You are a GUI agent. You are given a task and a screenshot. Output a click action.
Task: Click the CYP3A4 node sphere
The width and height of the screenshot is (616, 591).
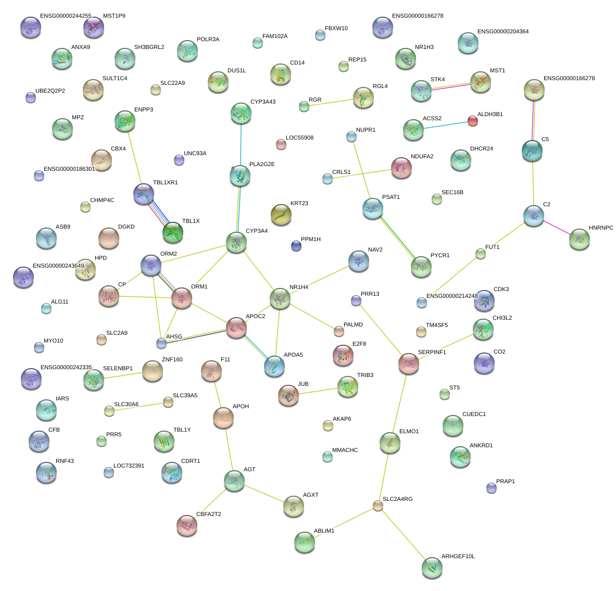[236, 242]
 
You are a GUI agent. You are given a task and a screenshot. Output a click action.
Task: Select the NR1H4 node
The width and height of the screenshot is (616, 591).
[280, 298]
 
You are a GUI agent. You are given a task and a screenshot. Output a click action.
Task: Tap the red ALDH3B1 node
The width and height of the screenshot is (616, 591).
[472, 121]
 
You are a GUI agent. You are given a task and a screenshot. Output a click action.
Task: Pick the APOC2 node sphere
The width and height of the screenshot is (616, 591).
[236, 327]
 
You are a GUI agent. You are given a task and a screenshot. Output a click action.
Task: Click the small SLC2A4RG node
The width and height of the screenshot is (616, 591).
[378, 506]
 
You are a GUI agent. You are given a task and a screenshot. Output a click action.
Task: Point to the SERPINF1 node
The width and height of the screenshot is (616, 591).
[409, 363]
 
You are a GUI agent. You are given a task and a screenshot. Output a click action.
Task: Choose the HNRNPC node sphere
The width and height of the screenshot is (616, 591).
[579, 239]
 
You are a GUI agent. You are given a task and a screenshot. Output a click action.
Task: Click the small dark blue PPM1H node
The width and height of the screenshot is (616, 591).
[296, 246]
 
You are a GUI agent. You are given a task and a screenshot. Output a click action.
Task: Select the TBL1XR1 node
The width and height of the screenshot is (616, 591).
[144, 194]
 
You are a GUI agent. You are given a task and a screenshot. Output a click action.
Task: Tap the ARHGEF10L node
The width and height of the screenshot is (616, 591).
[432, 568]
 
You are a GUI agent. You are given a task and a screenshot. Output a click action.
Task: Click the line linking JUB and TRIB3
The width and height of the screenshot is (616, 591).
[318, 392]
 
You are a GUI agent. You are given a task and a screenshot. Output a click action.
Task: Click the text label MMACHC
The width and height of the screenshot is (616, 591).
[345, 450]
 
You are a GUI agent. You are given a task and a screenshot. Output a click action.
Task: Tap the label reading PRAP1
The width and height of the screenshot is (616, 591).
[505, 482]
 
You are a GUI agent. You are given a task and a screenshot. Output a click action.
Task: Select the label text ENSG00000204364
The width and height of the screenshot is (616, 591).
[495, 32]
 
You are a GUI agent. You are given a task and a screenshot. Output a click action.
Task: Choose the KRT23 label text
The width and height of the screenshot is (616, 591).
[299, 204]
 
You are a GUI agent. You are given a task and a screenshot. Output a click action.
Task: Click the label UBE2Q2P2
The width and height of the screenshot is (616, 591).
[50, 91]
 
